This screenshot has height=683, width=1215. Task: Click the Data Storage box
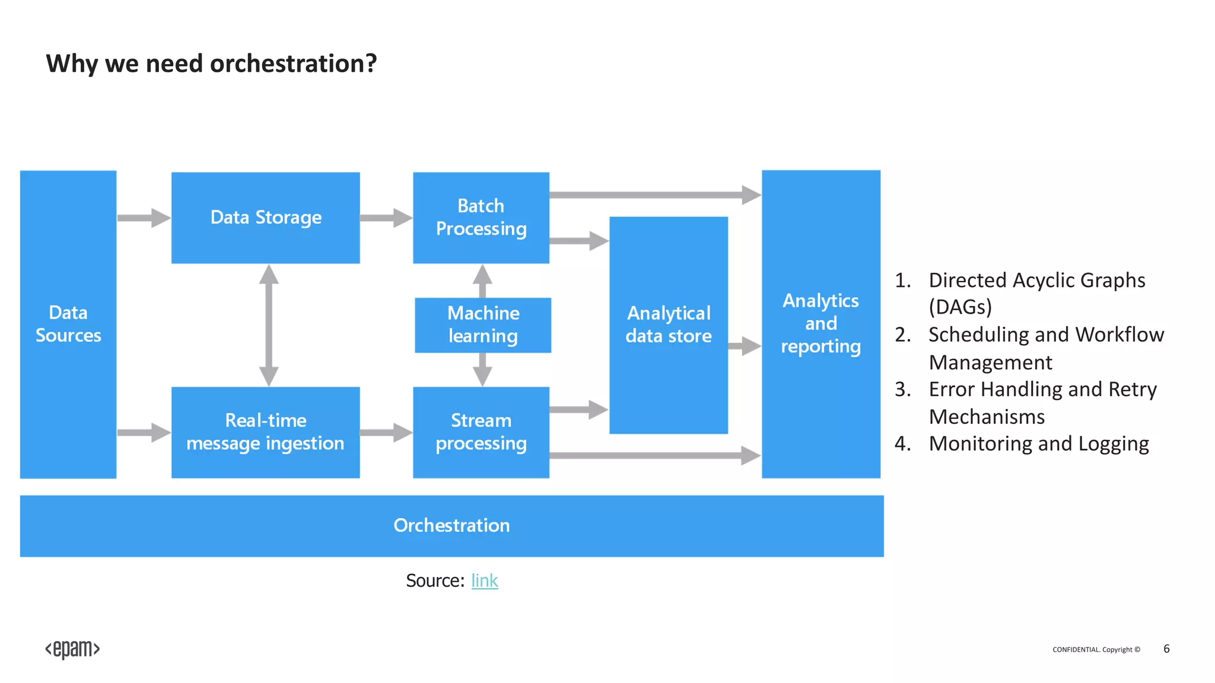265,218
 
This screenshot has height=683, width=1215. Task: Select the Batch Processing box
481,218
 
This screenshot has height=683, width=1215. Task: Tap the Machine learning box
483,325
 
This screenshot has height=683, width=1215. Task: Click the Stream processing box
481,432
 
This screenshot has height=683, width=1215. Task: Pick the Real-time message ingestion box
265,432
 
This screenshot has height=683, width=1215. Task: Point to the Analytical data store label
669,324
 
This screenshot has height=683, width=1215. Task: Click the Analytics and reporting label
820,324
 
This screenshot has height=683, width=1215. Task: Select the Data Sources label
68,324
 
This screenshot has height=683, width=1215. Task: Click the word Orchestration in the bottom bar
451,525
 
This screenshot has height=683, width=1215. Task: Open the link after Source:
484,580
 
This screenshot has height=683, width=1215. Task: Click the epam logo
72,649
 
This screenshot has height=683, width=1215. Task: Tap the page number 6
1166,649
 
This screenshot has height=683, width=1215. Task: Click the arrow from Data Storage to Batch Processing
386,218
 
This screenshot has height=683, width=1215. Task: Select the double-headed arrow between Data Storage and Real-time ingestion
269,325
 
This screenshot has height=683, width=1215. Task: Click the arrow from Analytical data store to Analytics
744,346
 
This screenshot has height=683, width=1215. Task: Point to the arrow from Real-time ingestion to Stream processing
386,432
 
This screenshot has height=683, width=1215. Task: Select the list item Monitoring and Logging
1038,443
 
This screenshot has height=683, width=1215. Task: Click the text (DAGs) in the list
960,307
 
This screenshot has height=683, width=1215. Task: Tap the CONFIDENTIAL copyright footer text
1096,650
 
